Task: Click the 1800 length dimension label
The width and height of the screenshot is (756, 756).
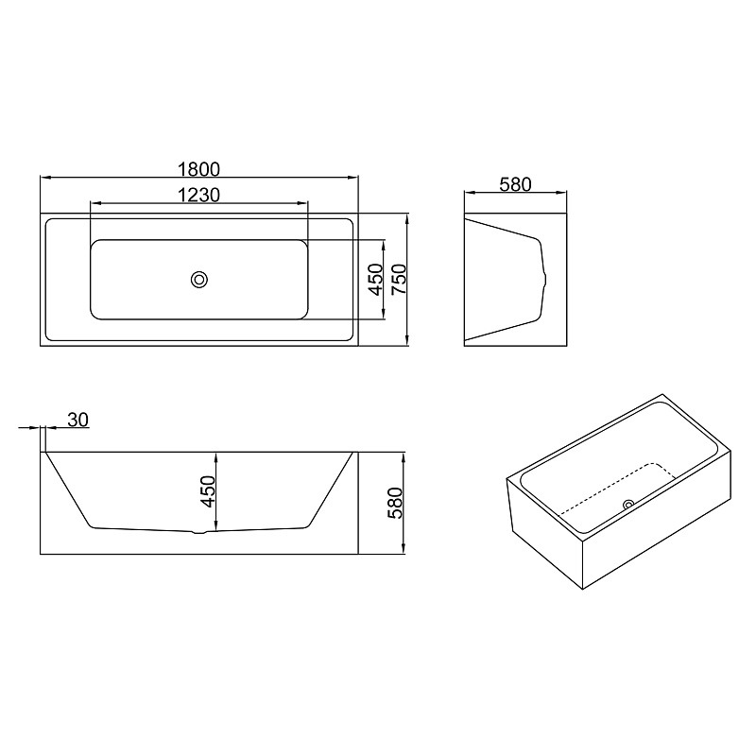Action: coord(198,169)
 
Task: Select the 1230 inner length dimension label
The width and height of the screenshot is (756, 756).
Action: coord(198,195)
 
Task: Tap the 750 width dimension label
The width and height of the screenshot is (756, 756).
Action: coord(399,279)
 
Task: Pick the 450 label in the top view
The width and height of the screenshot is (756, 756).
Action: coord(375,279)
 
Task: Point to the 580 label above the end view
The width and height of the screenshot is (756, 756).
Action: coord(515,184)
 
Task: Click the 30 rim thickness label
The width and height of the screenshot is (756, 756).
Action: coord(78,420)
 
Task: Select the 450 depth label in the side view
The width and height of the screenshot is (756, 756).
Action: coord(208,491)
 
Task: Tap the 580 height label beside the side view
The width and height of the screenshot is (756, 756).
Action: coord(394,503)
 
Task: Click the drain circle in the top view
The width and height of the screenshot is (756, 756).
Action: coord(199,279)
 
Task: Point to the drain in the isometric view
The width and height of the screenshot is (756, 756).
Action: coord(628,505)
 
